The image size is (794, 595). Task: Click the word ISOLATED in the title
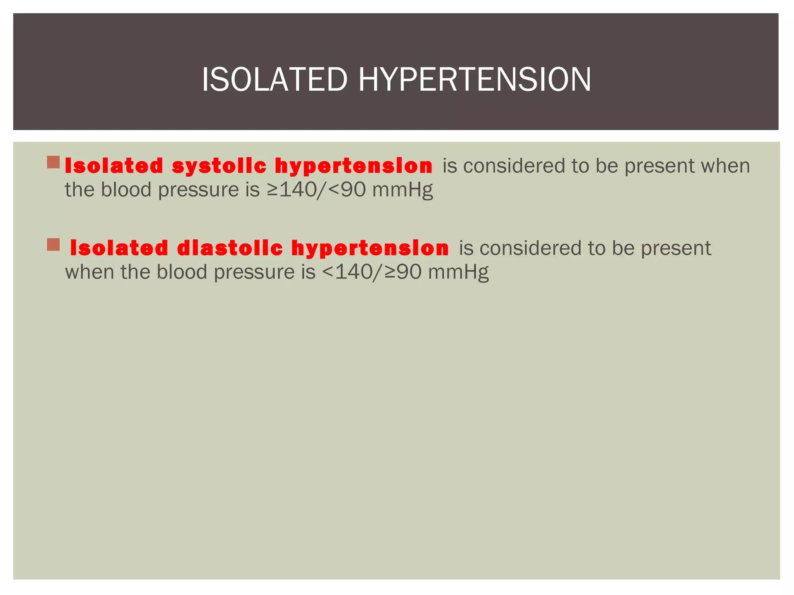point(274,80)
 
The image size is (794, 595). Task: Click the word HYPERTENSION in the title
point(475,80)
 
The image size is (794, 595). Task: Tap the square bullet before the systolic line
point(54,162)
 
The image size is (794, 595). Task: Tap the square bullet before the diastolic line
point(54,245)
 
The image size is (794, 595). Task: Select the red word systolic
point(219,166)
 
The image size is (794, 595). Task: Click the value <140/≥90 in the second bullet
point(371,272)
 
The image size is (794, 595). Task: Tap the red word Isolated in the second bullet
point(119,248)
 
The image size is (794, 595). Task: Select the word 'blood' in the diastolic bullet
point(182,272)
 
